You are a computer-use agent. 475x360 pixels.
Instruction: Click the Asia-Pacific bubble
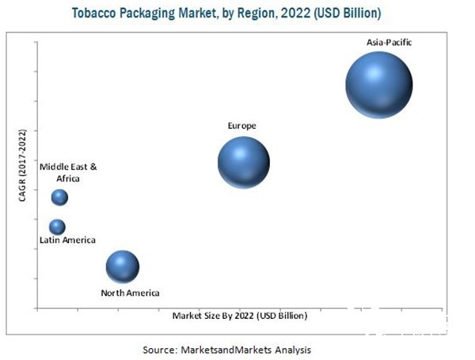point(379,85)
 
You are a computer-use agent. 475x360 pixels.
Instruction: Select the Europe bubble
point(244,162)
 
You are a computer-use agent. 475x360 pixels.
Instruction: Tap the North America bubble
point(123,267)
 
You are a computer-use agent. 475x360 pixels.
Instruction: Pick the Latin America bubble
point(57,227)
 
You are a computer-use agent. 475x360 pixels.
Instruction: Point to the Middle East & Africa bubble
point(59,197)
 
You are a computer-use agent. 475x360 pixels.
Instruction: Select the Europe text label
point(242,126)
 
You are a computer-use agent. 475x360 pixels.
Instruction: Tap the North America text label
point(130,294)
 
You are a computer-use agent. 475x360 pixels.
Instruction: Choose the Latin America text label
point(68,240)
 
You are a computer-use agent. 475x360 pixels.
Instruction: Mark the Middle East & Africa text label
point(69,172)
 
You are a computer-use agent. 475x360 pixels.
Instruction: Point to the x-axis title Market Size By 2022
point(239,315)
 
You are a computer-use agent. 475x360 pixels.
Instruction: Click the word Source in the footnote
point(159,349)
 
